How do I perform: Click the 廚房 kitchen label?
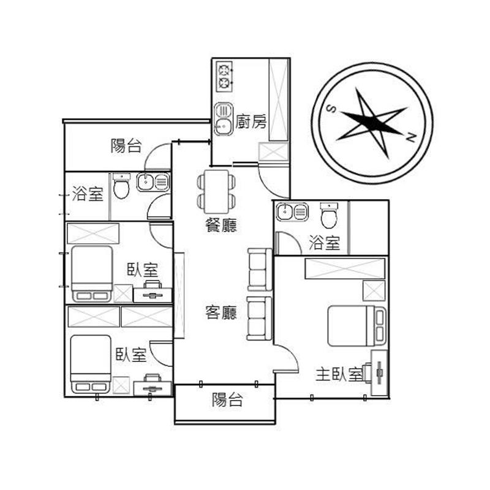(x=251, y=122)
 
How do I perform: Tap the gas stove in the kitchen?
(x=224, y=77)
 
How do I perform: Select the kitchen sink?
(x=224, y=119)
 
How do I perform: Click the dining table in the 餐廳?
(x=216, y=192)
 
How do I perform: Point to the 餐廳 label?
(x=221, y=225)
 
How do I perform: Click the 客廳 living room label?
(x=221, y=312)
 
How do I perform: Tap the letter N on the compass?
(x=410, y=137)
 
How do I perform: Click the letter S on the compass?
(x=331, y=109)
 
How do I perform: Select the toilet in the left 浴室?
(x=121, y=186)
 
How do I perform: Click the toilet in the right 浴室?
(x=329, y=216)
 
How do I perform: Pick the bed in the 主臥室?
(x=356, y=326)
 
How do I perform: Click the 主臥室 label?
(x=339, y=374)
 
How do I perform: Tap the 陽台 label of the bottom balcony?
(x=227, y=399)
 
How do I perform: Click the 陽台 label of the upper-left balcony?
(x=126, y=146)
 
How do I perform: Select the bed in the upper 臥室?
(x=91, y=274)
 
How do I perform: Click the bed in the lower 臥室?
(x=91, y=364)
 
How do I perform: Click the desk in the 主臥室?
(x=379, y=372)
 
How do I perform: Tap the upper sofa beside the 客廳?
(x=260, y=269)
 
